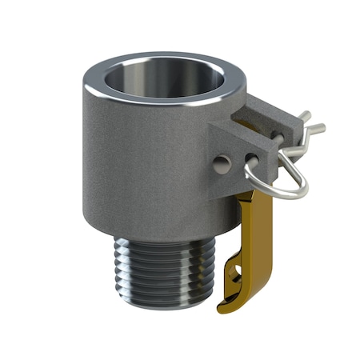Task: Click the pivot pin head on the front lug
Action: tap(222, 162)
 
